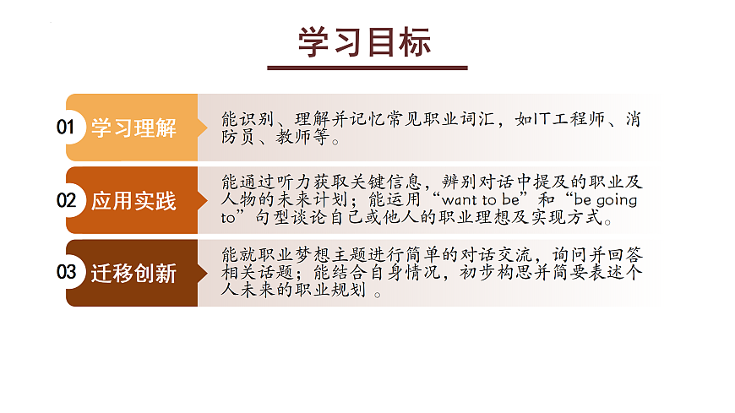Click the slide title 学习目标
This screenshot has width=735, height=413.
pyautogui.click(x=366, y=43)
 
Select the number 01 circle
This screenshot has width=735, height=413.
pyautogui.click(x=67, y=128)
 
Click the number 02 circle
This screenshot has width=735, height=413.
pyautogui.click(x=67, y=201)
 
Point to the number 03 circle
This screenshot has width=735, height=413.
pyautogui.click(x=67, y=273)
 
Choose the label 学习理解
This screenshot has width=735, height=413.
pyautogui.click(x=133, y=128)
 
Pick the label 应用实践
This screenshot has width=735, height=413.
pyautogui.click(x=133, y=201)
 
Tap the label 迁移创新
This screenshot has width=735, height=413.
pyautogui.click(x=133, y=274)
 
